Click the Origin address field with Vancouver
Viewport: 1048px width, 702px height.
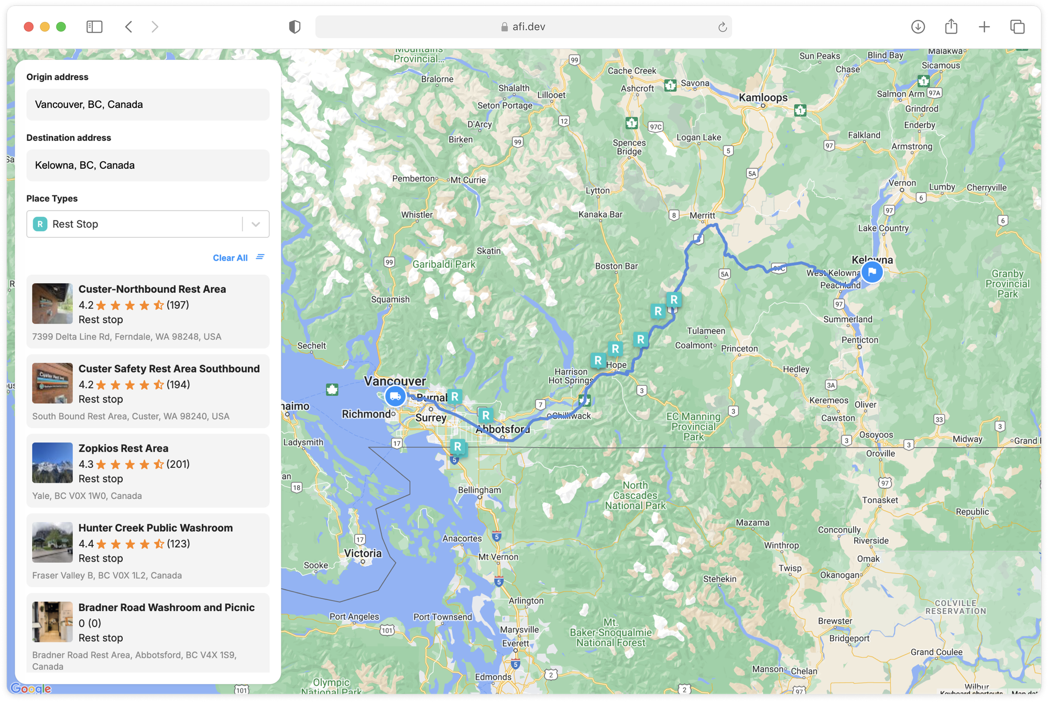[148, 105]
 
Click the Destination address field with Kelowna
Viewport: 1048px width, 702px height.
[148, 166]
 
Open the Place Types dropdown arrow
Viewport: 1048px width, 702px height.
[256, 224]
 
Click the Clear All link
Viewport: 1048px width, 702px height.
[230, 258]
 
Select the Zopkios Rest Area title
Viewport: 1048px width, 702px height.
[123, 448]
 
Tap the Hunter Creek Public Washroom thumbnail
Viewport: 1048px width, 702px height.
[52, 542]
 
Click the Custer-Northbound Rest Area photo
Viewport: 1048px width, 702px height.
[52, 304]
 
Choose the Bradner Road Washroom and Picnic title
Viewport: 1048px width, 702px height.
[167, 608]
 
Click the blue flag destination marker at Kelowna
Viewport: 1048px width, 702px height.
[872, 272]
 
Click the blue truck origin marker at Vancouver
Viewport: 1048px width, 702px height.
[395, 396]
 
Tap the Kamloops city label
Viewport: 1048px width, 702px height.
[763, 97]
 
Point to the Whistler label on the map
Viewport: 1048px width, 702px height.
[417, 215]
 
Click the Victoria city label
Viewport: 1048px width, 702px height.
[363, 553]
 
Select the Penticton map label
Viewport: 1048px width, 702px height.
[860, 340]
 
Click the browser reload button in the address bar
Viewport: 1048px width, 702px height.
[722, 27]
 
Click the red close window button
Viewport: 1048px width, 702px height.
[29, 27]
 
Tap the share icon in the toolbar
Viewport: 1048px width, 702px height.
[951, 27]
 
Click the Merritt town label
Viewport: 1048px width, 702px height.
[702, 215]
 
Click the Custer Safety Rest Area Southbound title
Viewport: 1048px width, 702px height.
[169, 369]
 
